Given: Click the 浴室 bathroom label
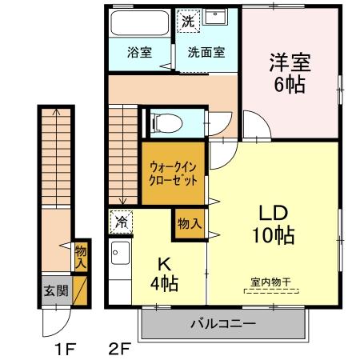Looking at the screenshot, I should pyautogui.click(x=140, y=54).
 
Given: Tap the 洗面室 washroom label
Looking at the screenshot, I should pyautogui.click(x=206, y=54).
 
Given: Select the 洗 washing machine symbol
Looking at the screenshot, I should pyautogui.click(x=187, y=22).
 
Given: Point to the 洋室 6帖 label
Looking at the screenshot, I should pyautogui.click(x=290, y=72).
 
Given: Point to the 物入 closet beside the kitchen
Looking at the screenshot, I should pyautogui.click(x=189, y=221).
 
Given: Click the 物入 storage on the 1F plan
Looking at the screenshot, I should pyautogui.click(x=81, y=256).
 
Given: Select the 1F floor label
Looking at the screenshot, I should pyautogui.click(x=65, y=349).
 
